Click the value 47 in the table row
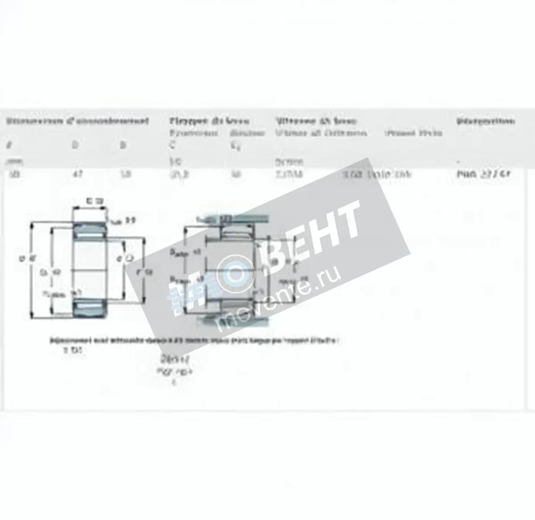pos(74,174)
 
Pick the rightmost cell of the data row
pos(483,174)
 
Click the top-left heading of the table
pos(77,121)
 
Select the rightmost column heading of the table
pos(486,121)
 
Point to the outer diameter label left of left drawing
pos(23,258)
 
